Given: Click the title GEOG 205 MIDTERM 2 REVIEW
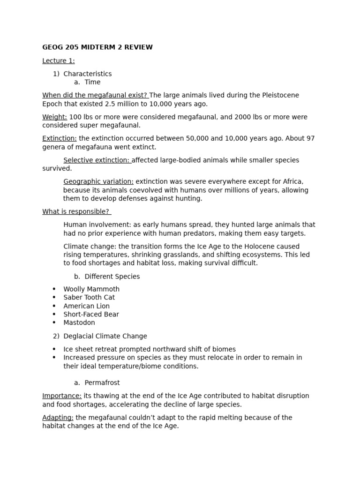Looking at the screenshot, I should [97, 47].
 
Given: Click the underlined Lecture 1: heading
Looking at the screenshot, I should [59, 60].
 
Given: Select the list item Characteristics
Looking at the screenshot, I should [87, 74].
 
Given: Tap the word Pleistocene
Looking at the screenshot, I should [280, 95].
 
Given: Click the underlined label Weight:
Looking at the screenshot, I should [55, 117].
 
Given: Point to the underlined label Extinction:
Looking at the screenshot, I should [60, 138].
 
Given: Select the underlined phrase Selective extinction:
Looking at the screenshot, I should [97, 160].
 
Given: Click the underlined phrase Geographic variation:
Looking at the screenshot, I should [98, 181].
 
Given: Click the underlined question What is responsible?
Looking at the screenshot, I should [76, 211].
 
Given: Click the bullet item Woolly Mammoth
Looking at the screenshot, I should [91, 289].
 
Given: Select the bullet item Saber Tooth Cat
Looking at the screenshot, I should [89, 297].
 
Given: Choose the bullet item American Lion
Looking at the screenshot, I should [87, 306].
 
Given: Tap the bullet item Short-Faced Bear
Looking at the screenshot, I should [91, 314].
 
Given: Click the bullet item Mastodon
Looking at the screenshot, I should [79, 322].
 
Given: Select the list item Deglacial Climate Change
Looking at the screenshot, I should [105, 336].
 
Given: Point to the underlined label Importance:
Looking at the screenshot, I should [62, 396].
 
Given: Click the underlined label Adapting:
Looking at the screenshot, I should [58, 417].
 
